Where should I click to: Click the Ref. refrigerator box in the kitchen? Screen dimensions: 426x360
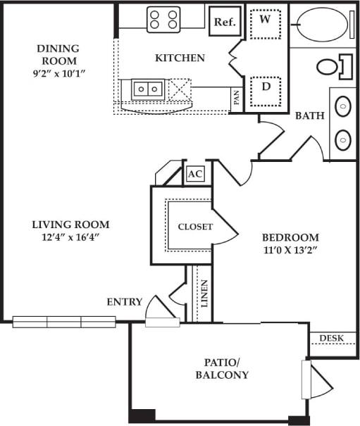click(224, 22)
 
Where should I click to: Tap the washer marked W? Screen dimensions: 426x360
click(266, 23)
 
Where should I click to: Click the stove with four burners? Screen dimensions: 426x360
click(163, 19)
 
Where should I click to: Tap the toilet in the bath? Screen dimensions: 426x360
click(331, 67)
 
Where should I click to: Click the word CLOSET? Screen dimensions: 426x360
click(194, 227)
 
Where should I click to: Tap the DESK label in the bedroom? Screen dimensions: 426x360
click(332, 339)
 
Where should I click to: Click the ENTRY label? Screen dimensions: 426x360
click(124, 302)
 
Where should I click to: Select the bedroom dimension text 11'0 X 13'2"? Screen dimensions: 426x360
click(290, 250)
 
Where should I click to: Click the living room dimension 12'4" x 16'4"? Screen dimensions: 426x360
click(70, 237)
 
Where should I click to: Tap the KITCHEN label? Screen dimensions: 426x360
click(180, 58)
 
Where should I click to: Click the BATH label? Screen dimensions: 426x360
click(309, 115)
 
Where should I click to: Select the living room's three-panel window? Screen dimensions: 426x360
click(64, 322)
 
